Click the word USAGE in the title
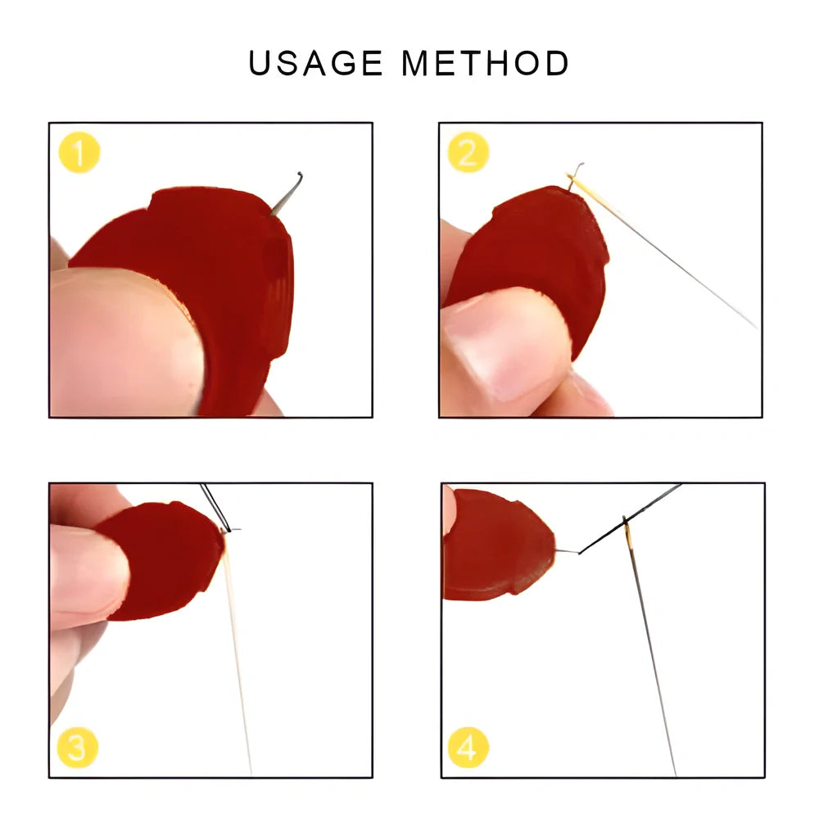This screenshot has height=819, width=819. [315, 64]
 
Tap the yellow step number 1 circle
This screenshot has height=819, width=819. [79, 153]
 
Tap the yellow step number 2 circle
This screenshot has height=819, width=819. [468, 153]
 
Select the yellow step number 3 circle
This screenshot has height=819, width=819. [78, 747]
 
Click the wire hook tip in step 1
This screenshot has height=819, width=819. [300, 175]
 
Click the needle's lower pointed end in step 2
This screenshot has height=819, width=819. [755, 326]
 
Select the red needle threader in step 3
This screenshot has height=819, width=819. [164, 557]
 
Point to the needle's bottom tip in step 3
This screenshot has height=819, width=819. [251, 771]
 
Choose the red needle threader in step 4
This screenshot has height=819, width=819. [495, 545]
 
